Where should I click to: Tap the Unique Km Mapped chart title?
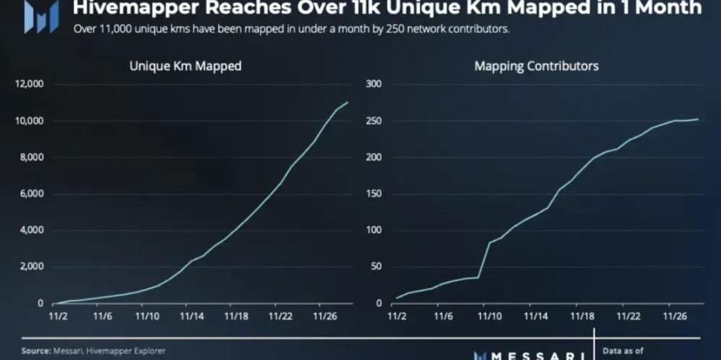(185, 66)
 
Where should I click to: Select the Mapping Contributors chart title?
(536, 66)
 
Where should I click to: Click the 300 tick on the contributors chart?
(374, 84)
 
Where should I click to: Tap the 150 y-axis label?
(374, 194)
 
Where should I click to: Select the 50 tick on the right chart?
(376, 266)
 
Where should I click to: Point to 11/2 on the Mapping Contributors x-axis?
(399, 316)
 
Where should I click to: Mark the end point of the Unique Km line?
(347, 102)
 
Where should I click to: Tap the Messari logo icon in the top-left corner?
(41, 16)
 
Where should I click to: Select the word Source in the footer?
(36, 350)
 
